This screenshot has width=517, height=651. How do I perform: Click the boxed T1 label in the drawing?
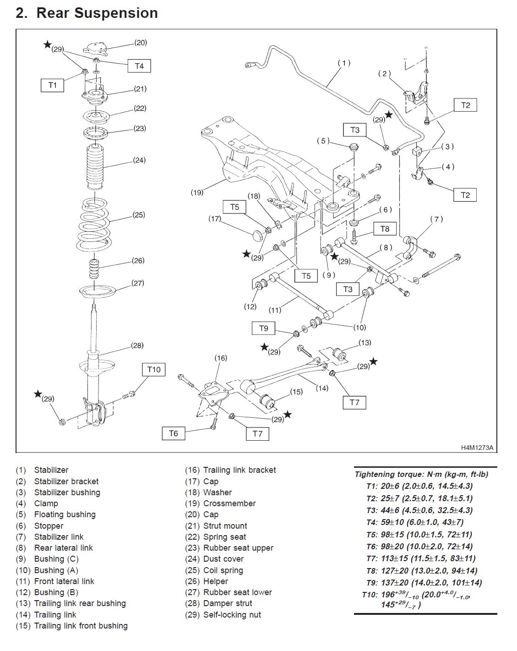pyautogui.click(x=53, y=85)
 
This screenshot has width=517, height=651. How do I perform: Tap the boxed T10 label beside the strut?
pyautogui.click(x=154, y=369)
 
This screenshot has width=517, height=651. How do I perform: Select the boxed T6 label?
pyautogui.click(x=174, y=433)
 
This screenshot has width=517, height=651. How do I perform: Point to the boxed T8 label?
pyautogui.click(x=385, y=229)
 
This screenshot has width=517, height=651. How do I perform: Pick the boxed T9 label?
pyautogui.click(x=264, y=328)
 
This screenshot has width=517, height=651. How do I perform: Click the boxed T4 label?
pyautogui.click(x=139, y=66)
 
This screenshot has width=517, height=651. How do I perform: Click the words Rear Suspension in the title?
pyautogui.click(x=97, y=13)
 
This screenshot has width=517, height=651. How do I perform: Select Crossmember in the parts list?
pyautogui.click(x=229, y=503)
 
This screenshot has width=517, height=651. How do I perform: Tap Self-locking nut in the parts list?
pyautogui.click(x=232, y=614)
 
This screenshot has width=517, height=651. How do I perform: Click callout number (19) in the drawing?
pyautogui.click(x=197, y=193)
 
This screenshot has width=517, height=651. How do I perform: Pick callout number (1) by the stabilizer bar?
pyautogui.click(x=344, y=63)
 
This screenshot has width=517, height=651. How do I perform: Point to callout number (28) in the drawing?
pyautogui.click(x=137, y=345)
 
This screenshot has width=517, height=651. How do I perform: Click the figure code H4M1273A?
pyautogui.click(x=477, y=447)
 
